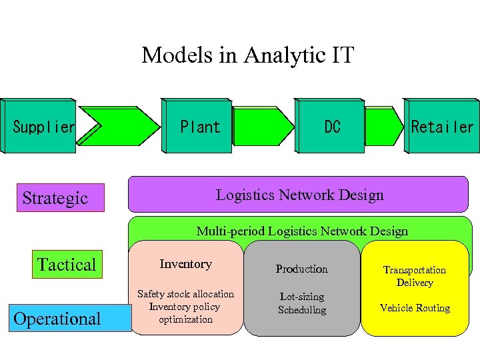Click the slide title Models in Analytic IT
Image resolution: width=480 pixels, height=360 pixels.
[247, 55]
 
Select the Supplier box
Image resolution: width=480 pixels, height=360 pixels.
[41, 127]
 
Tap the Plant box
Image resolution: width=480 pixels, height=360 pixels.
[199, 127]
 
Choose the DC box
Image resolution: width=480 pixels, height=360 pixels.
[331, 127]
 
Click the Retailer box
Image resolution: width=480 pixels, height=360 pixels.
[442, 127]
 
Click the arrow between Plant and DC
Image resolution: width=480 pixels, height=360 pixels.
[263, 127]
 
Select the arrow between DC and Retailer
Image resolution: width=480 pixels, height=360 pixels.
[383, 127]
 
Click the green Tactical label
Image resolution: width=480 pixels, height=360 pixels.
[67, 265]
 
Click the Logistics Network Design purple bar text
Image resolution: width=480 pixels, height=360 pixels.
[299, 195]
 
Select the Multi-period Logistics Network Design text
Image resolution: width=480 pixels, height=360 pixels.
[301, 231]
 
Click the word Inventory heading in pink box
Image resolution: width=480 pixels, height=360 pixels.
[185, 264]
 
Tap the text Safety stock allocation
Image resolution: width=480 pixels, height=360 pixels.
[185, 294]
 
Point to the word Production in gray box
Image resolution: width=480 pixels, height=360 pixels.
[302, 269]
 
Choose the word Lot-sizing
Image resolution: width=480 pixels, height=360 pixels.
[302, 297]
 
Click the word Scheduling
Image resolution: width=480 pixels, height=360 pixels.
[302, 310]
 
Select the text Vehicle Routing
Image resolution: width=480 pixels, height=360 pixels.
[415, 308]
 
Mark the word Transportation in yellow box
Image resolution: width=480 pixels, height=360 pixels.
[415, 270]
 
